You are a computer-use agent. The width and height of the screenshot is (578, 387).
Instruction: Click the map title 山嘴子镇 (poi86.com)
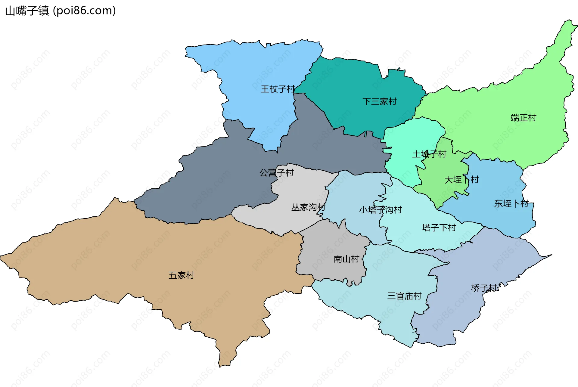[x=60, y=11]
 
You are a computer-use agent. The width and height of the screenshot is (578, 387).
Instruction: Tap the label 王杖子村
[x=278, y=89]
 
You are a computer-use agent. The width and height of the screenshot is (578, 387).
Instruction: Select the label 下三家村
[x=379, y=101]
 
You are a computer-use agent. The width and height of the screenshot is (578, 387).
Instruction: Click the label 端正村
[x=523, y=118]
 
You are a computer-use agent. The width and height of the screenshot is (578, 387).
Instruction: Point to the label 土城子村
[x=429, y=154]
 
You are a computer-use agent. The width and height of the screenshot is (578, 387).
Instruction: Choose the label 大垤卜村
[x=461, y=180]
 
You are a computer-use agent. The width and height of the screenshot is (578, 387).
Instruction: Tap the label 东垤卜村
[x=511, y=204]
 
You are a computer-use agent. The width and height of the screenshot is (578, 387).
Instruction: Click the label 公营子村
[x=276, y=173]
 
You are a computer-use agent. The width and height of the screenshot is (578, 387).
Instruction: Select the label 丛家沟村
[x=308, y=207]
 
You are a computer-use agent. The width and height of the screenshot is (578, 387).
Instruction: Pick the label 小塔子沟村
[x=380, y=210]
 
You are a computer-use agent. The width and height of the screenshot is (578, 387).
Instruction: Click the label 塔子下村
[x=439, y=228]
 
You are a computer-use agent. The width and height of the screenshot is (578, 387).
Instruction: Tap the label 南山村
[x=346, y=259]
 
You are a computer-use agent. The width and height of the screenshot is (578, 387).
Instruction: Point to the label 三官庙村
[x=404, y=296]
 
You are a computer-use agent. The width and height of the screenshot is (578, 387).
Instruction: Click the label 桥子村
[x=484, y=288]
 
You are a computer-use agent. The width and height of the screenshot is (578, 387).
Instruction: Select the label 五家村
[x=181, y=275]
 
